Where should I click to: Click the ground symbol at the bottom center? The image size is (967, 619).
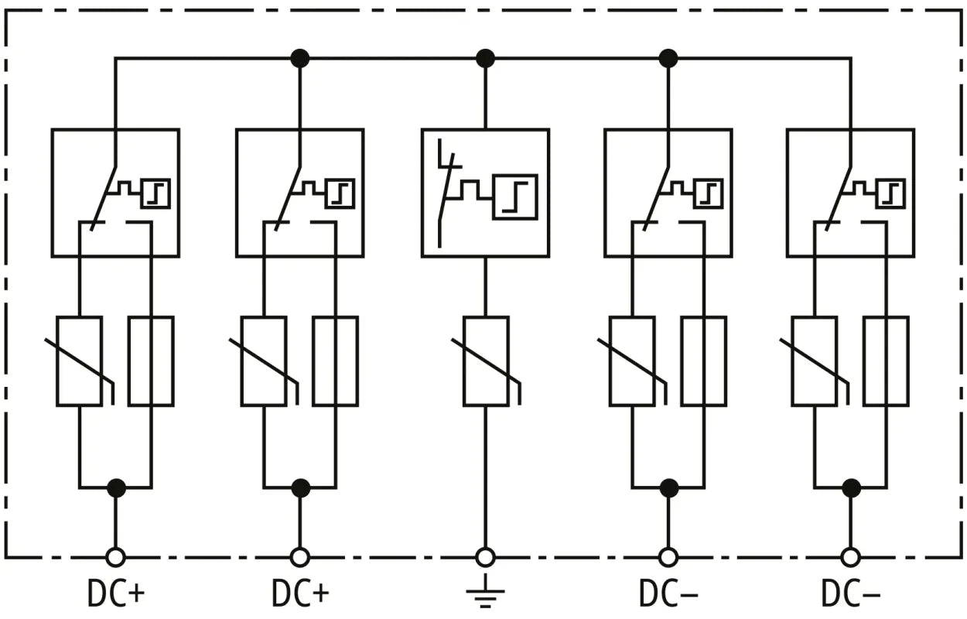click(x=485, y=593)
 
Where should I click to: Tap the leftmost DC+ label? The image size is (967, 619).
click(x=115, y=593)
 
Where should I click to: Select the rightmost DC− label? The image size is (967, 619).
click(x=850, y=593)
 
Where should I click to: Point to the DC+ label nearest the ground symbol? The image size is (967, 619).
click(x=300, y=593)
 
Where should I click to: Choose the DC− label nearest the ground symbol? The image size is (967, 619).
click(x=668, y=593)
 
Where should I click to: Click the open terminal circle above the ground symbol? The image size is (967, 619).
click(x=485, y=557)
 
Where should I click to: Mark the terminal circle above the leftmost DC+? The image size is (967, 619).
click(x=115, y=557)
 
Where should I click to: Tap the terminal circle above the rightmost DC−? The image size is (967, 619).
click(x=850, y=557)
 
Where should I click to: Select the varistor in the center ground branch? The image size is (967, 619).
click(x=486, y=361)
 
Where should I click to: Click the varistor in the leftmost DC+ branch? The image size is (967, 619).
click(x=79, y=361)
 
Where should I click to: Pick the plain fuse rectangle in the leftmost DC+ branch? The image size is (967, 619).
click(x=151, y=361)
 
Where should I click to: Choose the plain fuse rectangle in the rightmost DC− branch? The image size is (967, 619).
click(x=886, y=361)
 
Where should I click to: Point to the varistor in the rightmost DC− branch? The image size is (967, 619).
click(x=814, y=361)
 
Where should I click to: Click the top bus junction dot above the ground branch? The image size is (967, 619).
click(x=485, y=58)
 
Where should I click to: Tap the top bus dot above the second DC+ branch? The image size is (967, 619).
click(x=299, y=58)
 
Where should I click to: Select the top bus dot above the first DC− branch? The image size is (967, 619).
click(x=668, y=58)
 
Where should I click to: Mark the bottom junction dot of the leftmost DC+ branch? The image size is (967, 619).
click(x=116, y=488)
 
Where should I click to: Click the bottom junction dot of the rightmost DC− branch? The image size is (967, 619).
click(x=851, y=488)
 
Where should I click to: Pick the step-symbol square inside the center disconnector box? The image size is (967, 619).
click(x=514, y=197)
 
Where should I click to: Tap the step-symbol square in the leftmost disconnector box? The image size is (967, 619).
click(x=155, y=193)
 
